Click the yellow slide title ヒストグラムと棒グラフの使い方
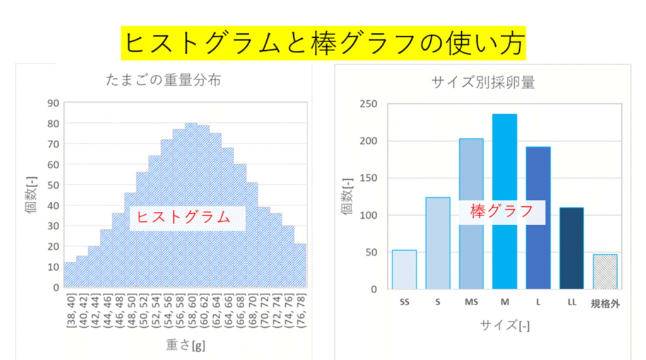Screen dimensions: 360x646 pyautogui.click(x=323, y=42)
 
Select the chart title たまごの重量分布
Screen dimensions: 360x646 pyautogui.click(x=163, y=81)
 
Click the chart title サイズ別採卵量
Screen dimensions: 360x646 pyautogui.click(x=483, y=82)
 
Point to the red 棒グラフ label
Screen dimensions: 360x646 pyautogui.click(x=502, y=212)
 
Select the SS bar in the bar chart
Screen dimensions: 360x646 pyautogui.click(x=404, y=269)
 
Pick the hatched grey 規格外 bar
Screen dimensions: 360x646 pyautogui.click(x=604, y=272)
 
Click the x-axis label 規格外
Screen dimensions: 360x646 pyautogui.click(x=604, y=304)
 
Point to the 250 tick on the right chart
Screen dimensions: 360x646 pyautogui.click(x=368, y=104)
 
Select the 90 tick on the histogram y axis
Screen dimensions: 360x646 pyautogui.click(x=53, y=103)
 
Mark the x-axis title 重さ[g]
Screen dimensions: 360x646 pyautogui.click(x=185, y=345)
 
